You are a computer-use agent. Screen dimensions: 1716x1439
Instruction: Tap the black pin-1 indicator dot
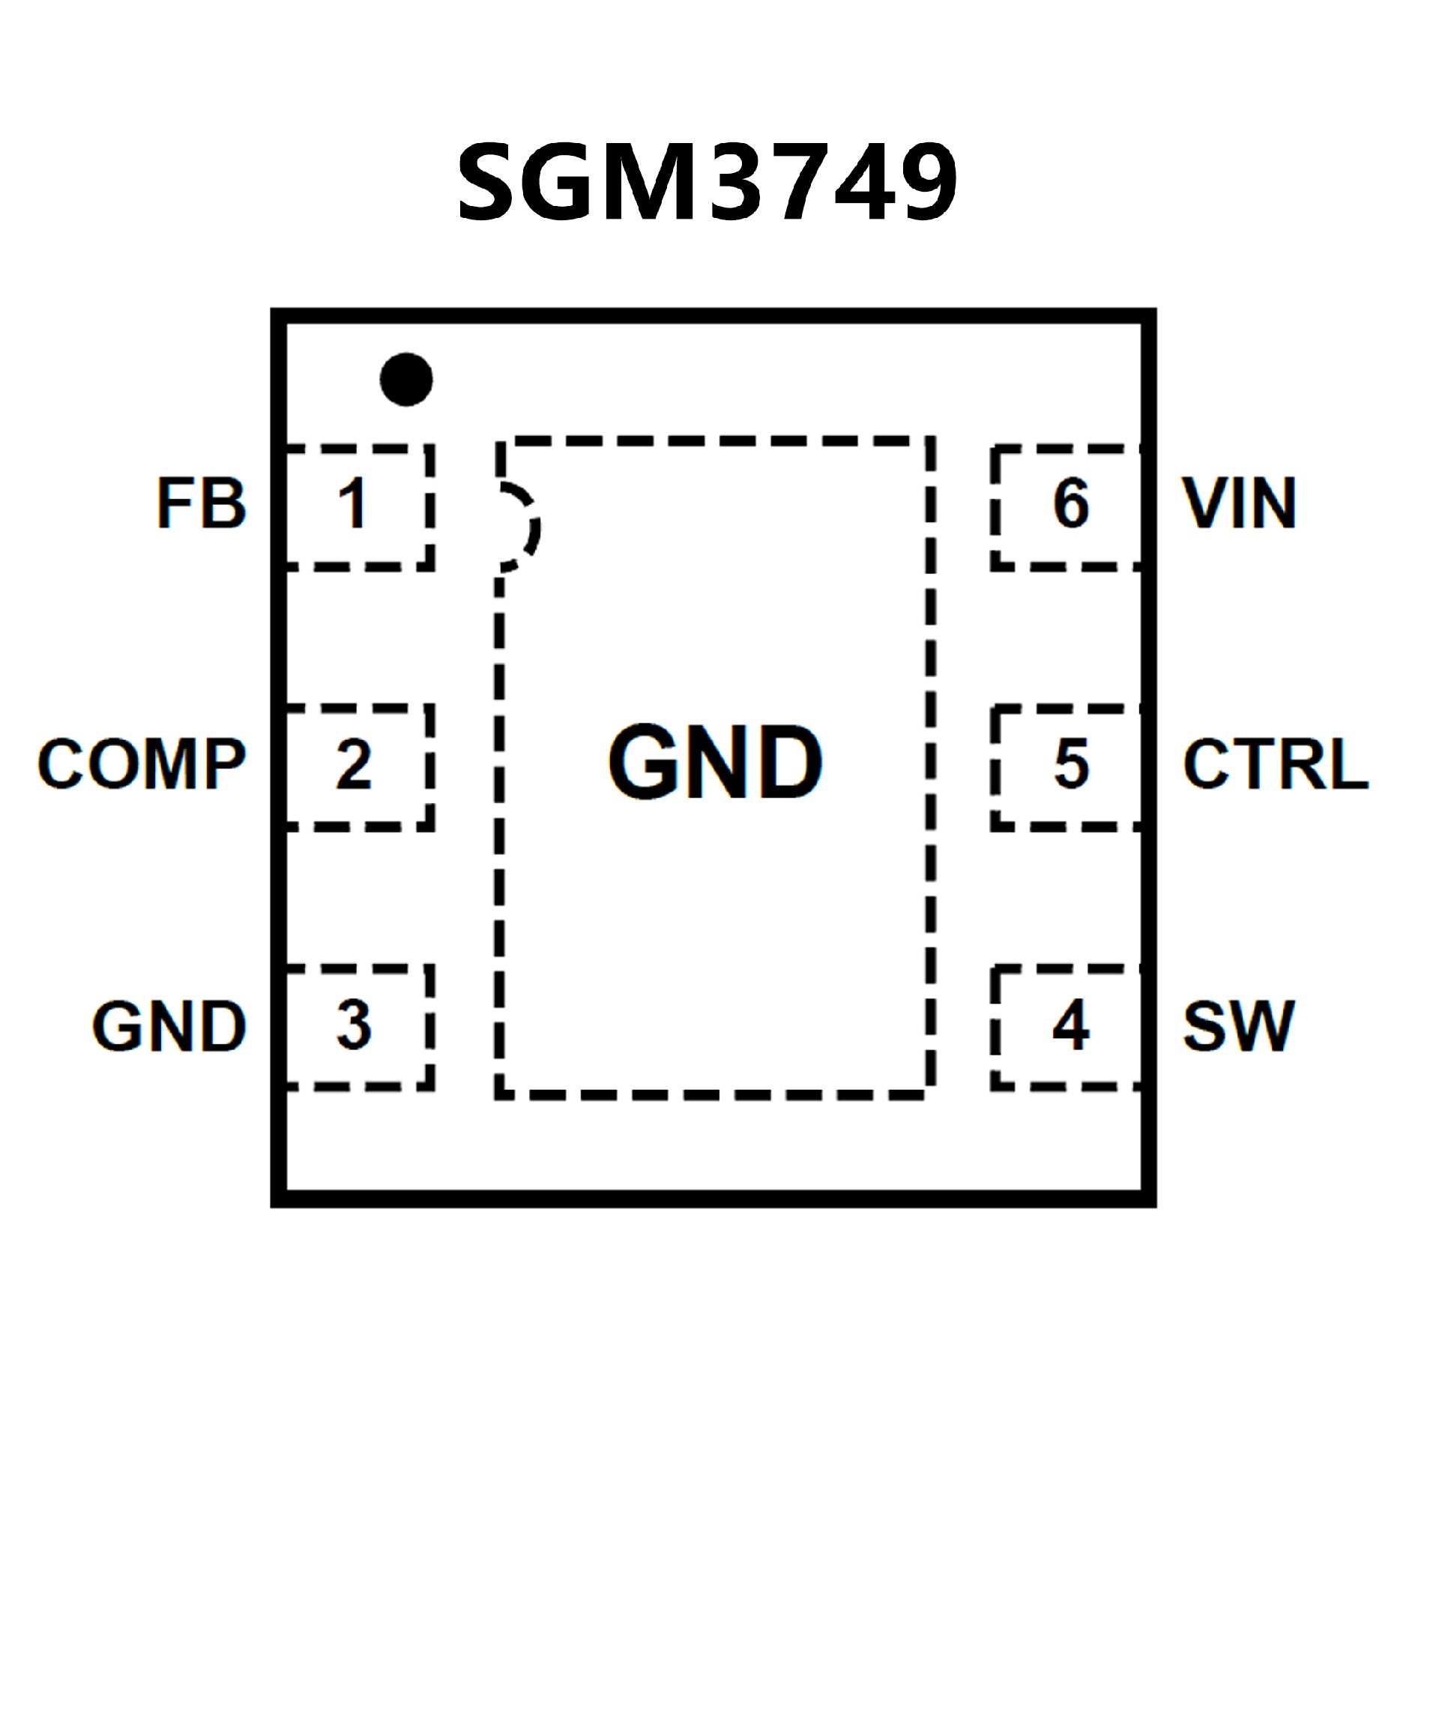pyautogui.click(x=406, y=379)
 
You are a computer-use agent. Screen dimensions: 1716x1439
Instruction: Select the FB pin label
pyautogui.click(x=201, y=503)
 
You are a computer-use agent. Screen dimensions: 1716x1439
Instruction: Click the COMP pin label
pyautogui.click(x=142, y=764)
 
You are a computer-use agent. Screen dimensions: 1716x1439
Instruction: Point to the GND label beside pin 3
pyautogui.click(x=169, y=1025)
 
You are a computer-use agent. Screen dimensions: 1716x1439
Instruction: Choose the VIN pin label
pyautogui.click(x=1239, y=503)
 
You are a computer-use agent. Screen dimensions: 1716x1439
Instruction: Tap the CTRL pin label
pyautogui.click(x=1275, y=764)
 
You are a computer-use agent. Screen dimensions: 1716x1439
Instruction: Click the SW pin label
pyautogui.click(x=1238, y=1025)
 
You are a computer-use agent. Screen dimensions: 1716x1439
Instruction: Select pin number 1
pyautogui.click(x=353, y=503)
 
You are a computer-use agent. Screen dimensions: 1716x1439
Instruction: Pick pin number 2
pyautogui.click(x=353, y=764)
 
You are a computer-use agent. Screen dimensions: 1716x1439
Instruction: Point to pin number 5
pyautogui.click(x=1071, y=764)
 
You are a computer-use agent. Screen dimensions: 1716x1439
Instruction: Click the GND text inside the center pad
pyautogui.click(x=716, y=763)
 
